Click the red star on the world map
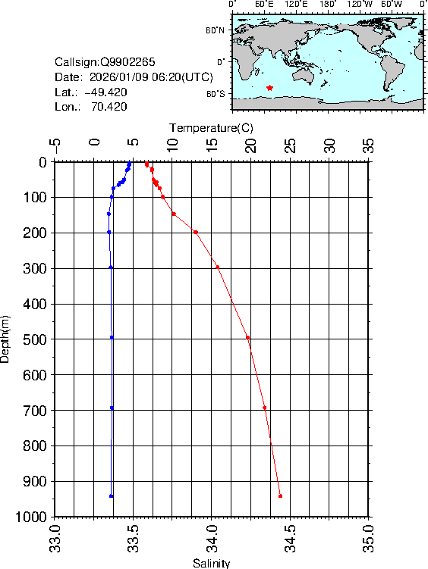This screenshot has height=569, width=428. [269, 88]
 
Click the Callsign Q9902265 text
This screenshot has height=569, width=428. [105, 62]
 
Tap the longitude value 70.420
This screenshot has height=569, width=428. [109, 107]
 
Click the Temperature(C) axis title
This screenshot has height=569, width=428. [212, 127]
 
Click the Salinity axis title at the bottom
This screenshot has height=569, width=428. [212, 563]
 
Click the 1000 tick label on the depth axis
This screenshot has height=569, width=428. [31, 517]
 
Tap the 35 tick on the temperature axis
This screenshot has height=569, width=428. [369, 143]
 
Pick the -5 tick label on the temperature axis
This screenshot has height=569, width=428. [54, 143]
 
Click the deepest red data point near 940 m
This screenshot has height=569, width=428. [280, 496]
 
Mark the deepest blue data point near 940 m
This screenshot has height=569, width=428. [112, 496]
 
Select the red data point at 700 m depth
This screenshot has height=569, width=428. [264, 408]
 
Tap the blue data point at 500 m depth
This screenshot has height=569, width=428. [112, 337]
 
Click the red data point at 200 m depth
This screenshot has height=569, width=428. [196, 232]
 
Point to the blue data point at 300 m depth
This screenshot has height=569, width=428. [111, 267]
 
